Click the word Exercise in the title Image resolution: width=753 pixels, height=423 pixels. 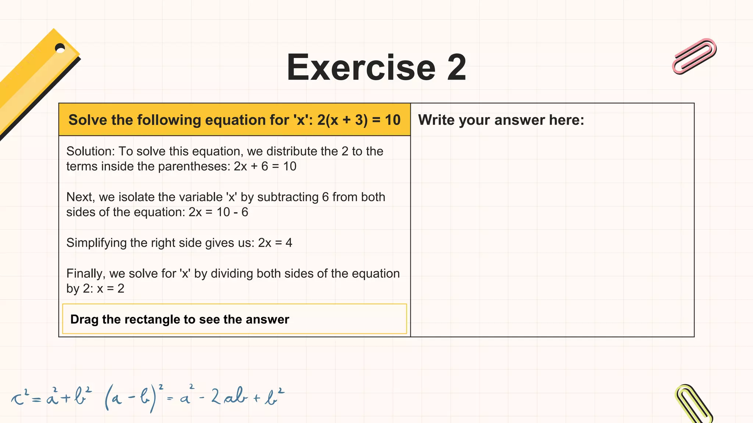(361, 68)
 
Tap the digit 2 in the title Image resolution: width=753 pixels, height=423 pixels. (456, 68)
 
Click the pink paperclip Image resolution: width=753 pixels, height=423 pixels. (694, 56)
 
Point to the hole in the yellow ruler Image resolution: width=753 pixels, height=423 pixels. (60, 48)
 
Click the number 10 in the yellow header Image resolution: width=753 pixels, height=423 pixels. (392, 120)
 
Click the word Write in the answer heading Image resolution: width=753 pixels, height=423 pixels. (436, 120)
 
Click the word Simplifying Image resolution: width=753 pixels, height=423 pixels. (96, 243)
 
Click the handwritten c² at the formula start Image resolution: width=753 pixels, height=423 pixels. (20, 398)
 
